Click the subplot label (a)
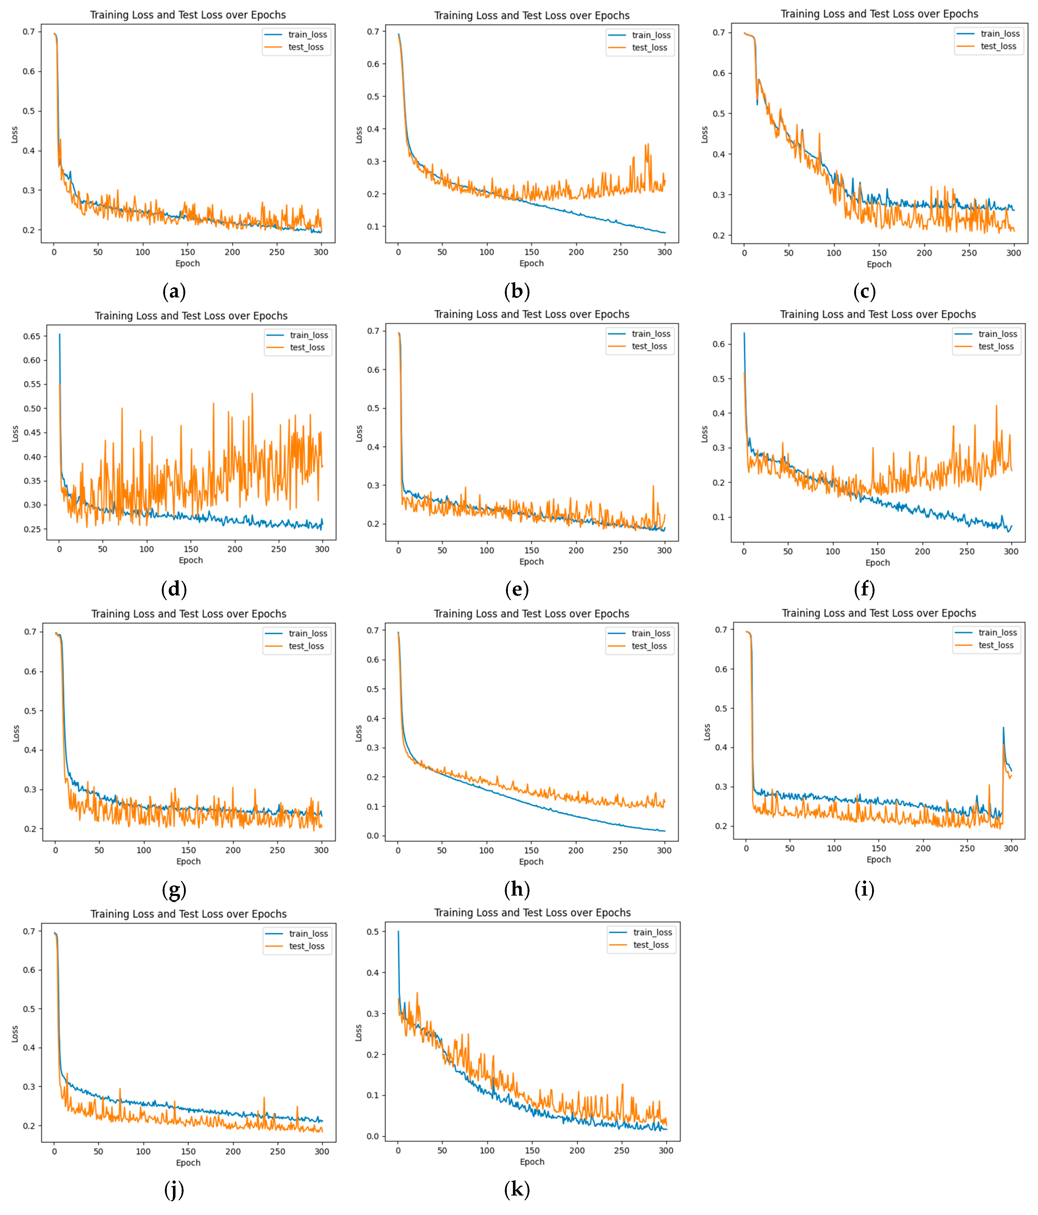point(174,291)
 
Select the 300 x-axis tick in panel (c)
point(1013,253)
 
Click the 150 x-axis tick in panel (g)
point(188,850)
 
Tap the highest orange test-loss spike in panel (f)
point(996,406)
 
